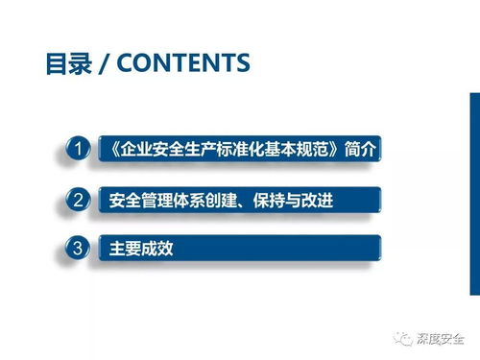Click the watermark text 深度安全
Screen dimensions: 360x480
point(446,339)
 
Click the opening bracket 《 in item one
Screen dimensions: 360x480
point(107,150)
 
